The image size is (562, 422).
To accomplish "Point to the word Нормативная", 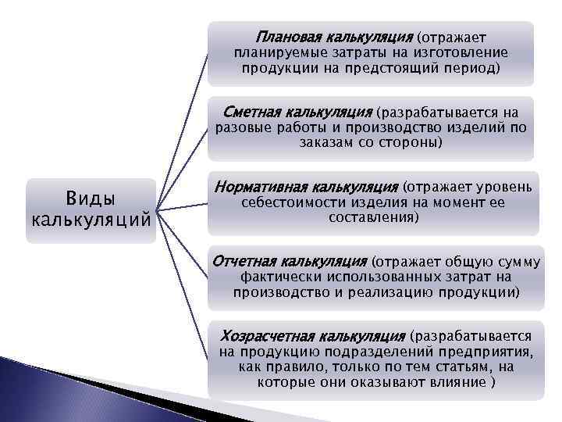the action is click(261, 188).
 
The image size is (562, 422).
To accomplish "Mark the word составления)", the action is click(373, 219).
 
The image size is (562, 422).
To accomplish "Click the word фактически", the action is click(273, 277).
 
